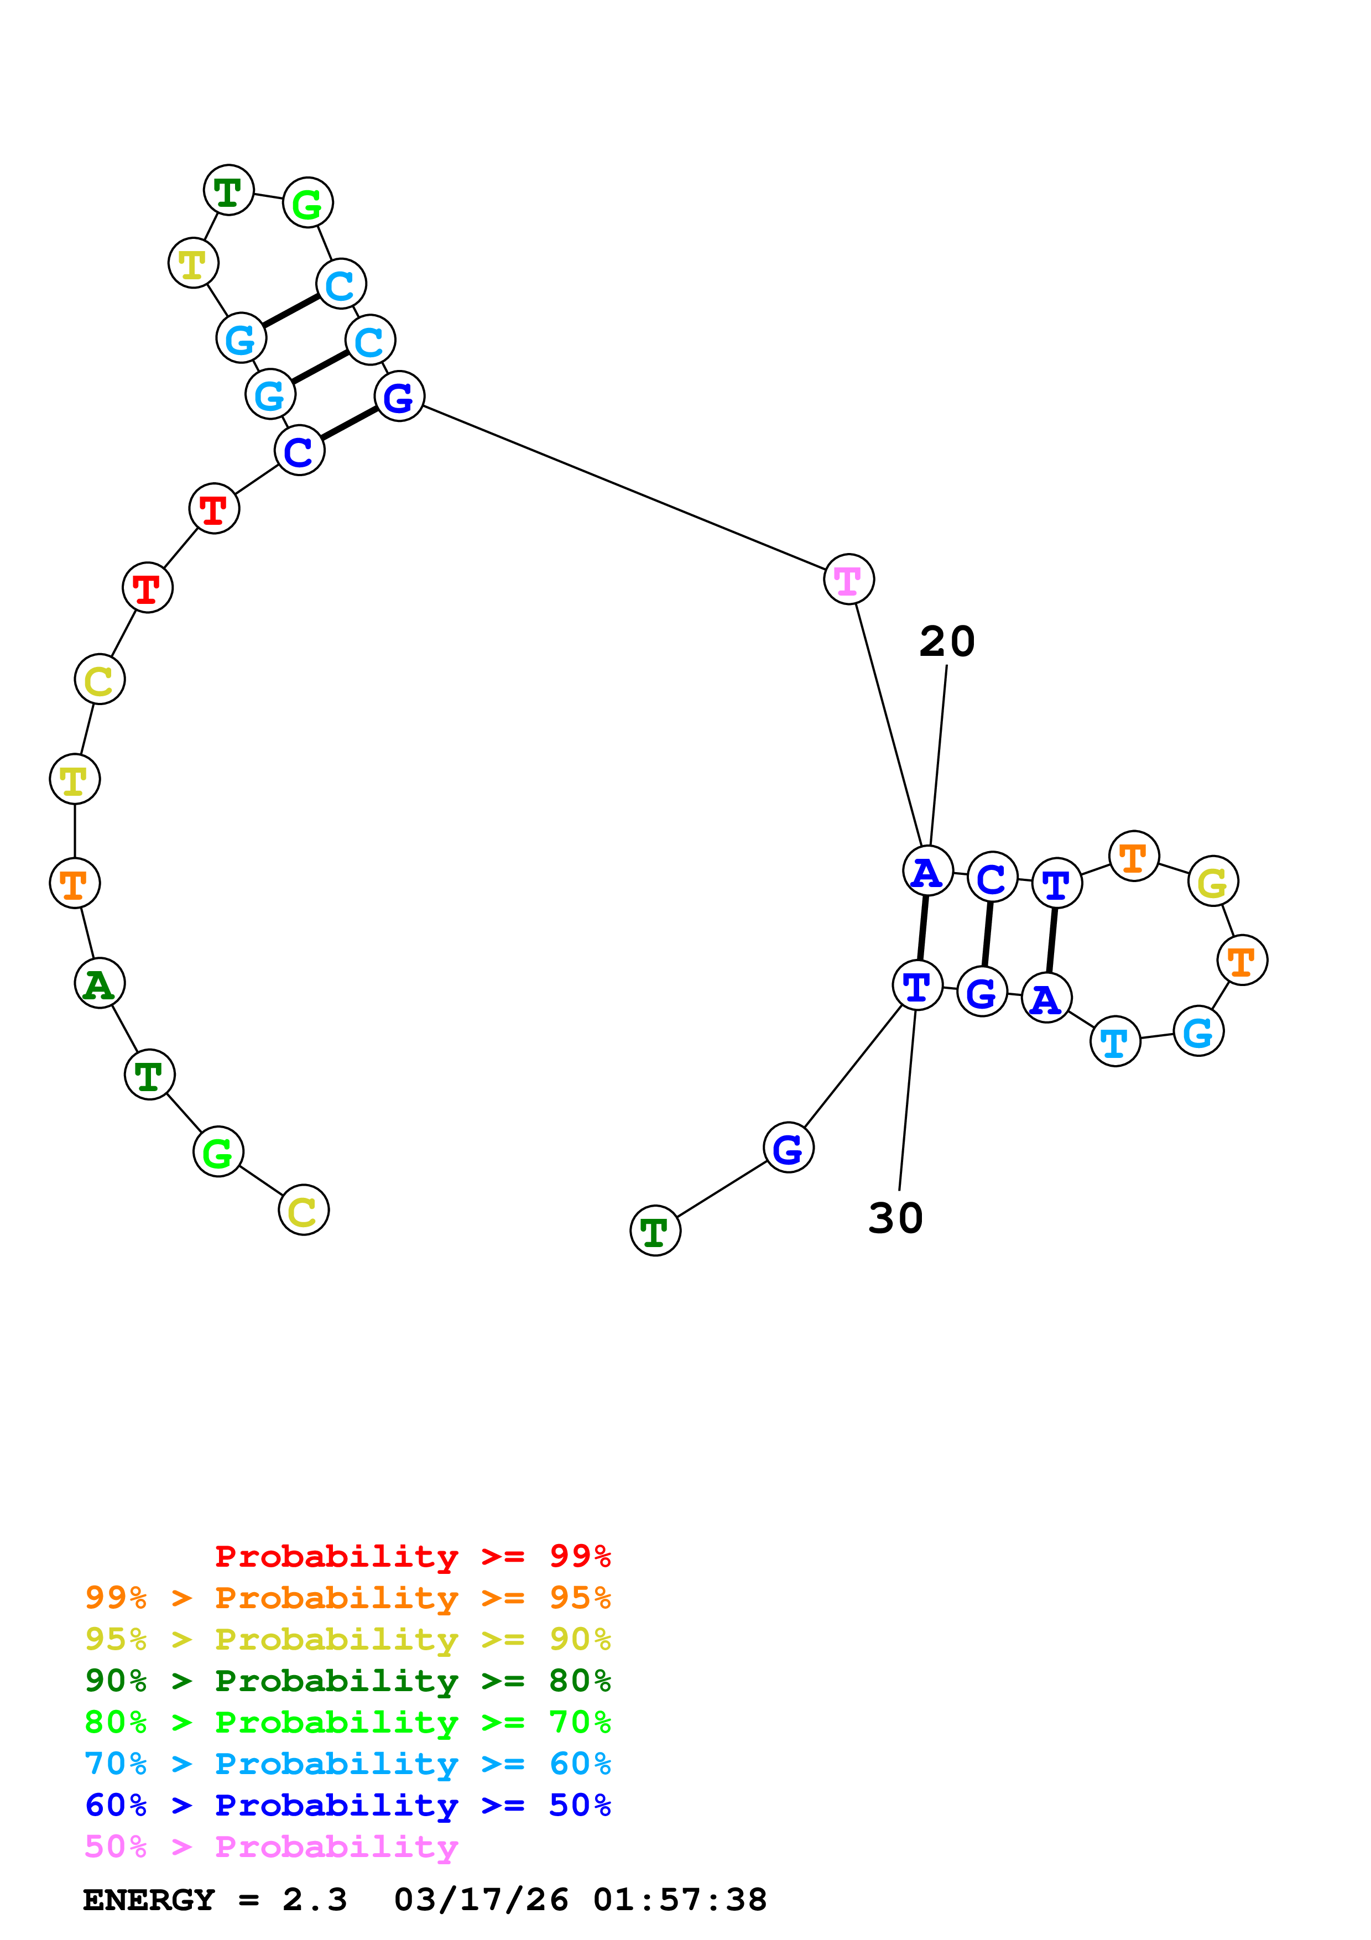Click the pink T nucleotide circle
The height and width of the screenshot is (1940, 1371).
pyautogui.click(x=848, y=580)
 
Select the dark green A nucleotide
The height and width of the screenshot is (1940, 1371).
pyautogui.click(x=100, y=983)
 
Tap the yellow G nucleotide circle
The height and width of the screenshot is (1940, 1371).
pyautogui.click(x=1213, y=882)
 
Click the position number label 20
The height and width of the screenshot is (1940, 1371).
pyautogui.click(x=947, y=642)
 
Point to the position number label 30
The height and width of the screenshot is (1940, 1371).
pyautogui.click(x=895, y=1218)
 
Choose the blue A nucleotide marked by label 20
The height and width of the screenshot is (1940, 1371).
pyautogui.click(x=927, y=871)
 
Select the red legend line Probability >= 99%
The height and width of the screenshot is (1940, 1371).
pyautogui.click(x=412, y=1556)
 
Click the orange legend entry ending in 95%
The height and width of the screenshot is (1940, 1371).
pyautogui.click(x=347, y=1598)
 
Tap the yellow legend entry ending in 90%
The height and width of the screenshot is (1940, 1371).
pyautogui.click(x=347, y=1639)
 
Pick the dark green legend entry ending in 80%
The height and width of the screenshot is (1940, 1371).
pyautogui.click(x=347, y=1681)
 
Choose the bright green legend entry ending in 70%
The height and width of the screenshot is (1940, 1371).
pyautogui.click(x=347, y=1722)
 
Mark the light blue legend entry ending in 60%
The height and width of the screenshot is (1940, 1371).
pyautogui.click(x=347, y=1764)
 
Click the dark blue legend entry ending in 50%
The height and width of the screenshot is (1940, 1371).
pyautogui.click(x=347, y=1805)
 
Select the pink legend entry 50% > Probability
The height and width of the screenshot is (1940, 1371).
pyautogui.click(x=271, y=1846)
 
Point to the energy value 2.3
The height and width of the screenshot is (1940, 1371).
pyautogui.click(x=314, y=1900)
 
